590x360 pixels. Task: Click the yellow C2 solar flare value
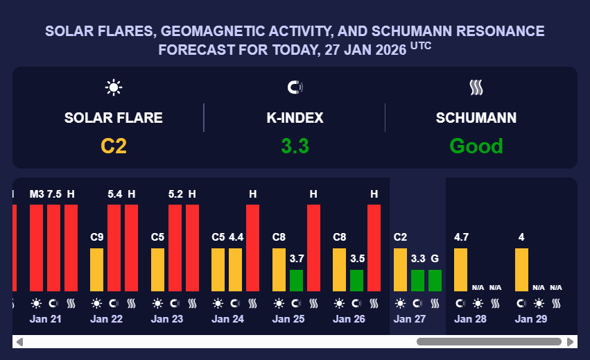[114, 146]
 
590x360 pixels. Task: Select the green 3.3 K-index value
[295, 146]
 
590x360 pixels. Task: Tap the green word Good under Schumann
[476, 146]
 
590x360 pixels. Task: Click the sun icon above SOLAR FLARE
[114, 87]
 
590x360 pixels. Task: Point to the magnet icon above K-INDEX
[295, 87]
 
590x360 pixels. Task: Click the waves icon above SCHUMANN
[476, 87]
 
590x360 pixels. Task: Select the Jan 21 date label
[46, 319]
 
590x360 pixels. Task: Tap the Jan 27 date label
[409, 319]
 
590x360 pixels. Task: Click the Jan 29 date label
[530, 319]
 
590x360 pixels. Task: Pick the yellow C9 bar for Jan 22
[97, 270]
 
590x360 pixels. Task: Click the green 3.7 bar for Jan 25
[296, 280]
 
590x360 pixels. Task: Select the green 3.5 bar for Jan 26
[357, 280]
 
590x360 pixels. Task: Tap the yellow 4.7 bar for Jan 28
[461, 270]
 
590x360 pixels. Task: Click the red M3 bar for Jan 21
[36, 248]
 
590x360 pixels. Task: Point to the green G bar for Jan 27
[435, 280]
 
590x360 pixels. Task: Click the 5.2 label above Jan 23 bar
[175, 194]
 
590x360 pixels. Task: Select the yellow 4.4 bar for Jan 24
[236, 270]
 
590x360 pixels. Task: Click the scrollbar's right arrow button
[571, 342]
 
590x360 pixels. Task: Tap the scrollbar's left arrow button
[19, 342]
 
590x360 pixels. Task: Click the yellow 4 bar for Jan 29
[521, 270]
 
